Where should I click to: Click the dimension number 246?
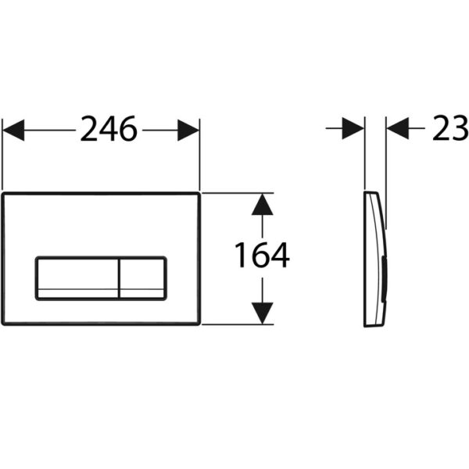coord(109,129)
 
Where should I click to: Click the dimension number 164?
coord(262,255)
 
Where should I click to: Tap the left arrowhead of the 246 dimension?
coord(13,130)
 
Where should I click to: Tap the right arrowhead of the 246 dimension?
coord(188,130)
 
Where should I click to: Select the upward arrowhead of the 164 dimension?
coord(263,204)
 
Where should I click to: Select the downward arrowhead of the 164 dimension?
coord(263,313)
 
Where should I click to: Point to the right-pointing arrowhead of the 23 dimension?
coord(353,128)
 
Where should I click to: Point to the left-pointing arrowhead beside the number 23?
coord(398,128)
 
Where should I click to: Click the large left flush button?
coord(77,279)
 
